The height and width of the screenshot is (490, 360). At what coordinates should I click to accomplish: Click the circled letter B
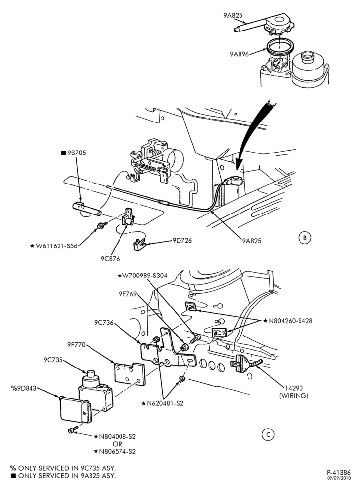coord(305,238)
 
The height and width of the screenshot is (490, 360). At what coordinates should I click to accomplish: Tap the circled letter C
coord(268,435)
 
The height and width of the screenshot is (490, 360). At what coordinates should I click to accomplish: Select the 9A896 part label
coord(240,54)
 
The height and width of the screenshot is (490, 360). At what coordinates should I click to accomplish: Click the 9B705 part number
coord(74,153)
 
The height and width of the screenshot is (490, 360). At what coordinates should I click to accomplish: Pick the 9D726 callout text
coord(182,240)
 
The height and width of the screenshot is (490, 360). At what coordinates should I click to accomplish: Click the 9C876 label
coord(110,259)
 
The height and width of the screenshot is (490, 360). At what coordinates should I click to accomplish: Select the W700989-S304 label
coord(142,276)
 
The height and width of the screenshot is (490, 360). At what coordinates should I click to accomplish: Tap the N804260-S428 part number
coord(288,321)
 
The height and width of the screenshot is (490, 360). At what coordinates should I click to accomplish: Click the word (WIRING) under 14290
coord(294,396)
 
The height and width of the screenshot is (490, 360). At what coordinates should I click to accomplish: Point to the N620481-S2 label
coord(162,403)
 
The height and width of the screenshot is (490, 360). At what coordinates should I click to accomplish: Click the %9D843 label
coord(24,389)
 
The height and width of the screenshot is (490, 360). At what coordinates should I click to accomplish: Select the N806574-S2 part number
coord(115,451)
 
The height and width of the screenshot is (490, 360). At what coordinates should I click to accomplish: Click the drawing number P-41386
coord(339,472)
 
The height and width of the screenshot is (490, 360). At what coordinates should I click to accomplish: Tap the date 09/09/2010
coord(339,478)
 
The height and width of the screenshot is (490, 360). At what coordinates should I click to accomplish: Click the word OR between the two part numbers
coord(118,444)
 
